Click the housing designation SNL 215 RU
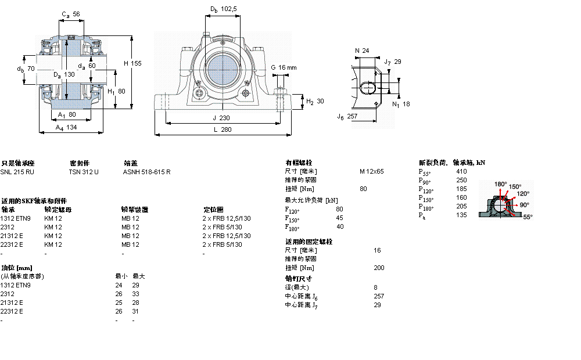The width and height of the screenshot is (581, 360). [17, 172]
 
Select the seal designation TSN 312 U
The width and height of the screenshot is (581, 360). [84, 172]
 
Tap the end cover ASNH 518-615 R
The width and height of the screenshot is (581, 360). [146, 172]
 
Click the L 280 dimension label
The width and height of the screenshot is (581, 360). [222, 129]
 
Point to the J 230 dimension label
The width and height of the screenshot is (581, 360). [222, 118]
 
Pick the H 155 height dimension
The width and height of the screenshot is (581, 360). [132, 63]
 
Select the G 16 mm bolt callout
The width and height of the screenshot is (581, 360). [284, 68]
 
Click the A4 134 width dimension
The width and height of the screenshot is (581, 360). [66, 127]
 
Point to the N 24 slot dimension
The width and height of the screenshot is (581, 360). [362, 51]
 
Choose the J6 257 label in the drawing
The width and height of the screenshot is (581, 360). [347, 116]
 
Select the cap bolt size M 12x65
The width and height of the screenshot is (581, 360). [371, 172]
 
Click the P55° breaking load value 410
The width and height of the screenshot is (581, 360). [461, 172]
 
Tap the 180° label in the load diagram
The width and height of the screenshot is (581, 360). [500, 184]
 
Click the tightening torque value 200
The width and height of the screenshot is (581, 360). [379, 268]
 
